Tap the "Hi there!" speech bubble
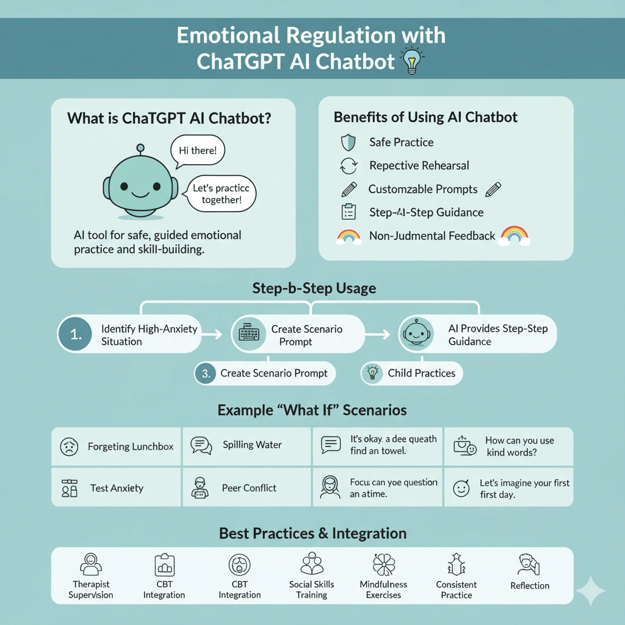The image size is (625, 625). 197,150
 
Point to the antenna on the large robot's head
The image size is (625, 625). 140,148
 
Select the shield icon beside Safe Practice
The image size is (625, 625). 347,142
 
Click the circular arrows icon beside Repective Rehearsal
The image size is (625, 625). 347,165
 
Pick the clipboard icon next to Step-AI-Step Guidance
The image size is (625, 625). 348,212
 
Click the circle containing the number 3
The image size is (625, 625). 205,374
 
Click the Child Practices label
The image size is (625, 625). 421,374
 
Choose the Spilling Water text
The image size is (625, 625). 252,445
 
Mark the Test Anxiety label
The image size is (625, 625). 117,488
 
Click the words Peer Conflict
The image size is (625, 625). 249,488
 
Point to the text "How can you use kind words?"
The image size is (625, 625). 519,446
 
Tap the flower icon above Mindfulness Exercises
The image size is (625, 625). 383,565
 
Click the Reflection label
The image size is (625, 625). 530,585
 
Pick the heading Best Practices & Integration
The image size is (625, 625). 312,533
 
